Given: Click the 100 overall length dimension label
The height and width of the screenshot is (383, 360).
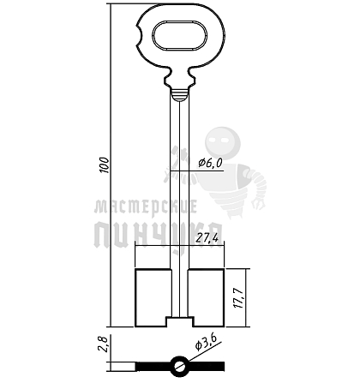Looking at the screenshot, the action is [105, 165].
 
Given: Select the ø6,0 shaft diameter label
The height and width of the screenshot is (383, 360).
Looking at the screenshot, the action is [211, 163].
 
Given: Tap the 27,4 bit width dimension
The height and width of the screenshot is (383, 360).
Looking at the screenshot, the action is [207, 237].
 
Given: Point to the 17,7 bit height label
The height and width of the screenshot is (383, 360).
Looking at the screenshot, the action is [238, 298].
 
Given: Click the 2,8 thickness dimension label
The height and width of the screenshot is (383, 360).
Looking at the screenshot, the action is [104, 344].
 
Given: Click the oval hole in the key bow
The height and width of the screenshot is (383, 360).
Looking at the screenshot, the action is [178, 37].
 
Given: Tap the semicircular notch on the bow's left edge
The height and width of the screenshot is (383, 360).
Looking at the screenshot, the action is [140, 36].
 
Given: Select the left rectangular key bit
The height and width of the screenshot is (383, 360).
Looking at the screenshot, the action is [153, 297].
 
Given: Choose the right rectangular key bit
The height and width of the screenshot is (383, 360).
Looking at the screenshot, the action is [206, 297].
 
